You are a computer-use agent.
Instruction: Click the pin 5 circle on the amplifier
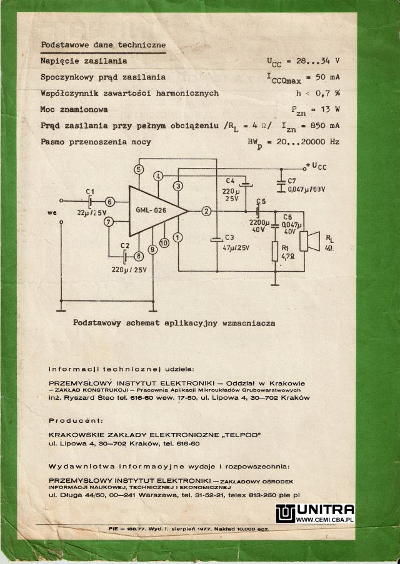(139, 169)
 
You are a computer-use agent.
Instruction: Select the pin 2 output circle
(206, 211)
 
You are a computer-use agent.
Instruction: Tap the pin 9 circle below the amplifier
(152, 249)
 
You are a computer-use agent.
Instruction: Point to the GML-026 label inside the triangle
(151, 210)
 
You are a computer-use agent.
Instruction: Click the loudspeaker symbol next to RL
(309, 240)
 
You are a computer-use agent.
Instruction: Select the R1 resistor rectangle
(275, 251)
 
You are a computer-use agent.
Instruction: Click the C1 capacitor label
(90, 192)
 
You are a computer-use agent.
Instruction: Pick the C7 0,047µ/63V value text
(306, 189)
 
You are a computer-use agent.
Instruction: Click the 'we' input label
(52, 212)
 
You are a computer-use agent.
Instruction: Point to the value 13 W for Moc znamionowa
(330, 109)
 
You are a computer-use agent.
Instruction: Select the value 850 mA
(326, 126)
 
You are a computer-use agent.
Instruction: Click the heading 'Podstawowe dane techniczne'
(103, 45)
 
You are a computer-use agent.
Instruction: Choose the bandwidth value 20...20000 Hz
(308, 142)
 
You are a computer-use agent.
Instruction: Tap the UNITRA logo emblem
(285, 513)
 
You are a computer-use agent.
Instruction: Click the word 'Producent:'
(76, 420)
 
